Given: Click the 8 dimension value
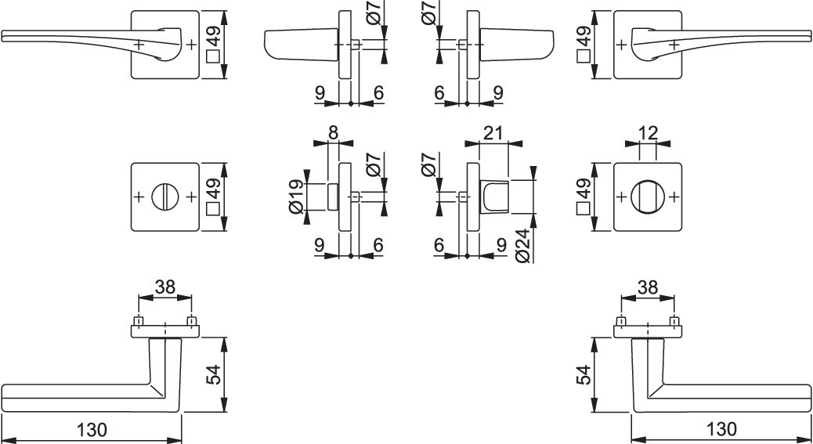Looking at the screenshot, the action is pyautogui.click(x=333, y=132).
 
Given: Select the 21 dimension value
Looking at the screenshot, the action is pyautogui.click(x=493, y=132).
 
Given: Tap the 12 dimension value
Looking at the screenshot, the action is pyautogui.click(x=648, y=132).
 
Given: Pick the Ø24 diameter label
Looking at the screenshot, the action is pyautogui.click(x=524, y=246).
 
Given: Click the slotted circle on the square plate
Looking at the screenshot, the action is pyautogui.click(x=165, y=197).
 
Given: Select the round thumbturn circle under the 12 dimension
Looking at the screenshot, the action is pyautogui.click(x=648, y=197).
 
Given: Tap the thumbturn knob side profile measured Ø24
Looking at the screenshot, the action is pyautogui.click(x=495, y=197).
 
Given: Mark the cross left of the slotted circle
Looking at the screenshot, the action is pyautogui.click(x=139, y=197).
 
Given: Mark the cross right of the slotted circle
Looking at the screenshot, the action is pyautogui.click(x=191, y=197).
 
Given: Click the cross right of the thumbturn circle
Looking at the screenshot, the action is pyautogui.click(x=674, y=197).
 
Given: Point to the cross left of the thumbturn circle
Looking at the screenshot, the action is pyautogui.click(x=621, y=197).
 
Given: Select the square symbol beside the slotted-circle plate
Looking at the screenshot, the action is pyautogui.click(x=212, y=209).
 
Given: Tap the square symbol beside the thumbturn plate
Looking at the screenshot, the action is pyautogui.click(x=584, y=209).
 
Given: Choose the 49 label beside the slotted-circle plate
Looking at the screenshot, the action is pyautogui.click(x=212, y=189).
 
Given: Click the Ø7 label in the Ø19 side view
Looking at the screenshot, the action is pyautogui.click(x=375, y=163).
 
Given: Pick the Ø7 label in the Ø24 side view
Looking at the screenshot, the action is pyautogui.click(x=430, y=164).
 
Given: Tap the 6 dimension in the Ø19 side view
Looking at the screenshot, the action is pyautogui.click(x=378, y=245).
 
